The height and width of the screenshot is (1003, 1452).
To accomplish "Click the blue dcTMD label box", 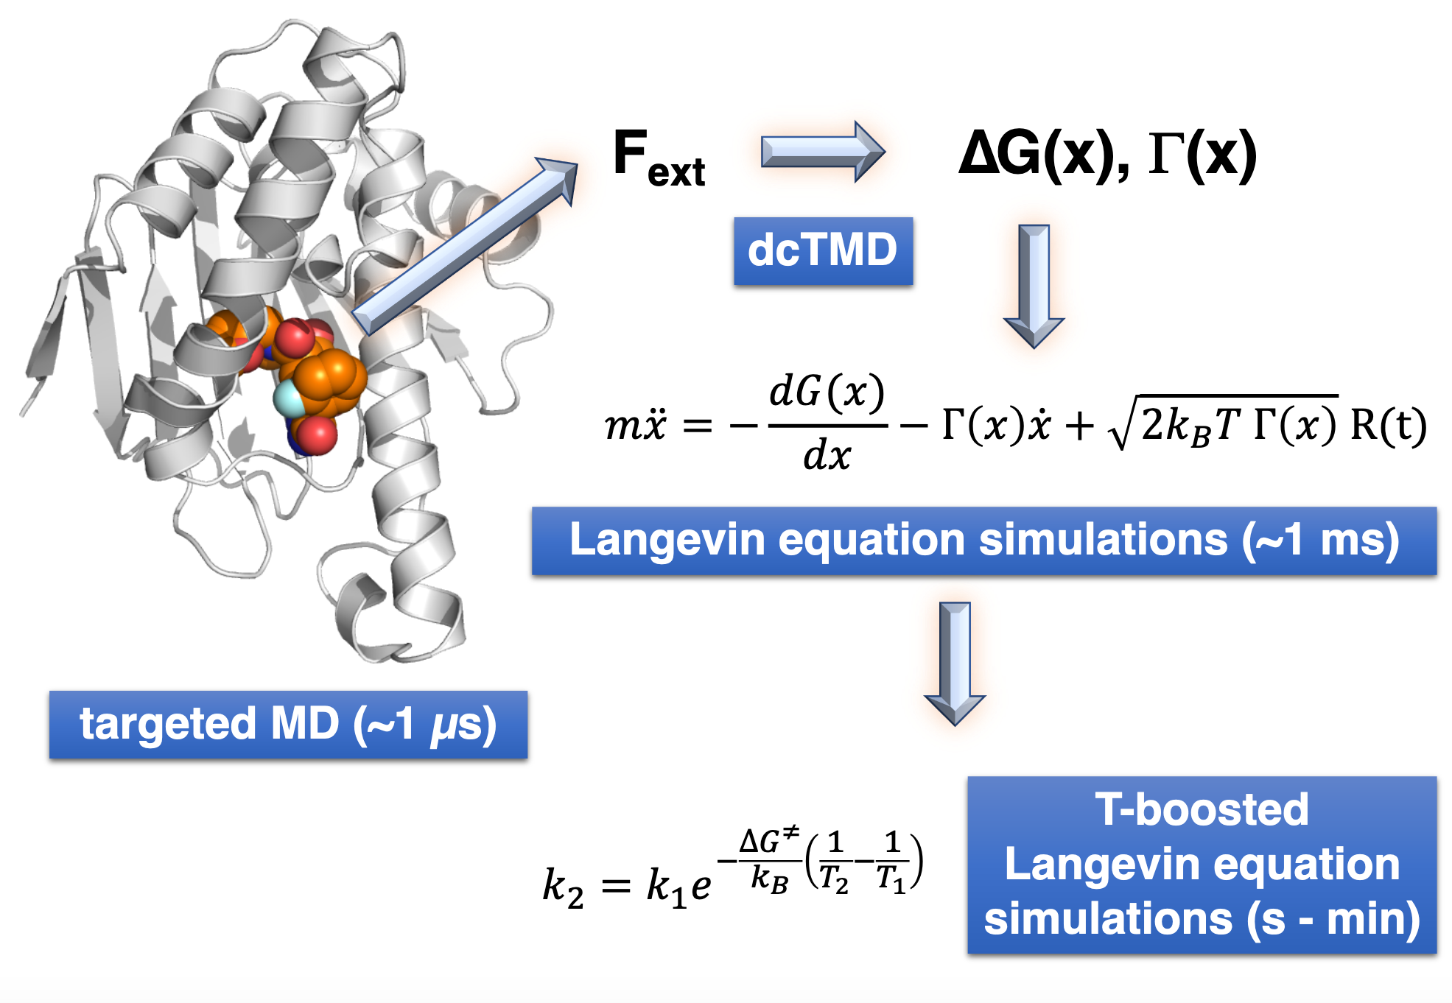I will coord(823,251).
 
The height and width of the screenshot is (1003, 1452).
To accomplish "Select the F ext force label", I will coord(658,157).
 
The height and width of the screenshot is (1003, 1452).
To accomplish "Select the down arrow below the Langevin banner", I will coord(955,663).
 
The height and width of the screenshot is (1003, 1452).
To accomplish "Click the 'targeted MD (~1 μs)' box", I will coord(288,725).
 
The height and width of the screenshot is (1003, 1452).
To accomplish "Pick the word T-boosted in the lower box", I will coord(1202,809).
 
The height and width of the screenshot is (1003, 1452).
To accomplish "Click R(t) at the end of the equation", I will coord(1388,426).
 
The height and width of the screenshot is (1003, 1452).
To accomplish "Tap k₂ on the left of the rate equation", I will coord(563,887).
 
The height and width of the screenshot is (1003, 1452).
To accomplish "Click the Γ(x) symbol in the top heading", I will coord(1202,155).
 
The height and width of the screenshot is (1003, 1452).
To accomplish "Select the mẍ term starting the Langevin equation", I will coord(635,426).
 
